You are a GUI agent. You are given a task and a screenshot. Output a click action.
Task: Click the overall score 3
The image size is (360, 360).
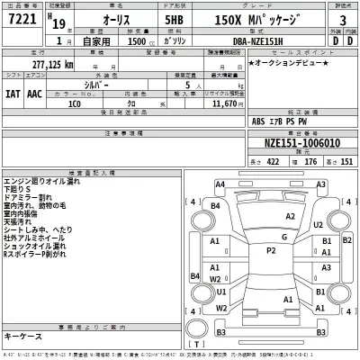pos(343,19)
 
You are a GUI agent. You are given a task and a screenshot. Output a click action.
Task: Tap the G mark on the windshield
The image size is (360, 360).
pos(283,237)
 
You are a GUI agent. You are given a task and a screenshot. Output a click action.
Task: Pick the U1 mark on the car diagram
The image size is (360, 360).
pos(220,291)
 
